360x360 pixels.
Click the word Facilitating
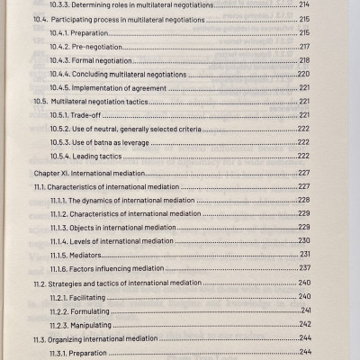[x=101, y=297]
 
